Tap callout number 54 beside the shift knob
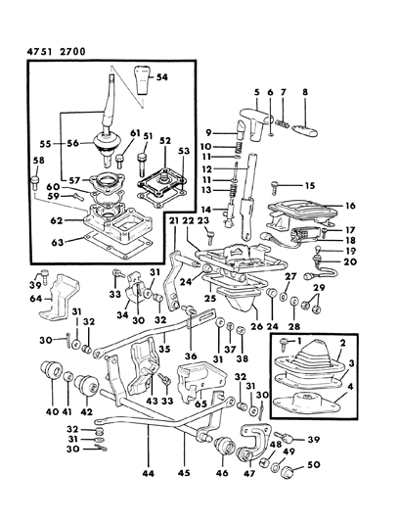click(162, 75)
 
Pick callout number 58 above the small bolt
click(38, 160)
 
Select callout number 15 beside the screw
click(308, 184)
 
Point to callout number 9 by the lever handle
click(209, 133)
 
